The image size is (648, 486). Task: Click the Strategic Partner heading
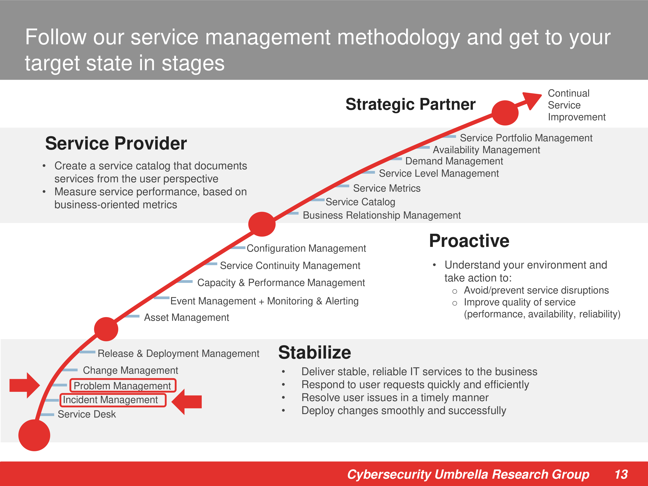410,104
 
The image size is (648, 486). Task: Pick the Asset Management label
186,318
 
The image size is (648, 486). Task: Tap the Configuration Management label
306,248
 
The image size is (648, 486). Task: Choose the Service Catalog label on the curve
360,202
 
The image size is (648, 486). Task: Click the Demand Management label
454,161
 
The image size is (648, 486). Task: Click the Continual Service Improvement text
577,105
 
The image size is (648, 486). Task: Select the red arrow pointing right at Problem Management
25,385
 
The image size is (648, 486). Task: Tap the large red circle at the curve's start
34,435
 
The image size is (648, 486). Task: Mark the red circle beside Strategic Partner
505,113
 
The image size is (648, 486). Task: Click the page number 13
621,474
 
